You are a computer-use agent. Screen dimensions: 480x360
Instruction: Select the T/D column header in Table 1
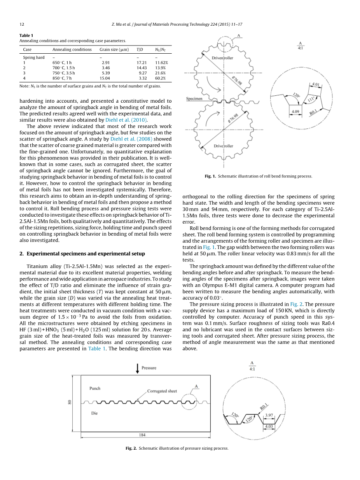click(140, 49)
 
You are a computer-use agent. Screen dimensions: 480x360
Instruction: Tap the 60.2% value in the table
click(161, 78)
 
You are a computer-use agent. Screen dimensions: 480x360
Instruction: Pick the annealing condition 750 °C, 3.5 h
click(64, 73)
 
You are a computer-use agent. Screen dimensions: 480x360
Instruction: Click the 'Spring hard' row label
click(34, 58)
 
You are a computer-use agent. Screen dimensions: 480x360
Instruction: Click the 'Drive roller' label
click(224, 146)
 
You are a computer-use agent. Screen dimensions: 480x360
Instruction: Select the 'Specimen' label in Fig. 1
click(194, 99)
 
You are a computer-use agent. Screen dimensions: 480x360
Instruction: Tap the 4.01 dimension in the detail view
click(316, 84)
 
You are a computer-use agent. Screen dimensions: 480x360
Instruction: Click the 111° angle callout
click(311, 99)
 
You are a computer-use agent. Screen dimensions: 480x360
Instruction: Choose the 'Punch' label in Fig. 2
click(95, 388)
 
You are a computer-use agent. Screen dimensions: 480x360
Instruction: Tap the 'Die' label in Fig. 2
click(94, 413)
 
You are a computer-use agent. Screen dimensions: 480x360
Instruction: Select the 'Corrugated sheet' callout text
click(162, 391)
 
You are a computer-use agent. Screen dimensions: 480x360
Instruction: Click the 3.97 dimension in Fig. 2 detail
click(269, 415)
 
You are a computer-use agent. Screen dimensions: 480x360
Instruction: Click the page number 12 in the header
click(22, 25)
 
